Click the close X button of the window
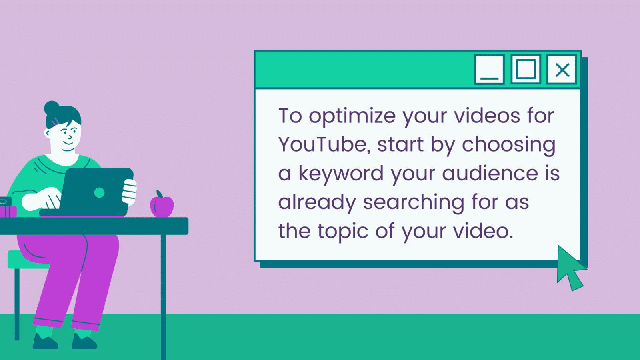click(x=562, y=70)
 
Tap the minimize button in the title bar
click(x=489, y=70)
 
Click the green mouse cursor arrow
click(x=570, y=268)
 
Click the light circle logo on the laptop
click(x=99, y=193)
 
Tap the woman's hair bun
click(x=52, y=108)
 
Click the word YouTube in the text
click(x=323, y=144)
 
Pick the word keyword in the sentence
click(x=341, y=174)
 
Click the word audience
click(x=490, y=173)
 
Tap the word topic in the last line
click(x=342, y=232)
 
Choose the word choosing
click(x=508, y=145)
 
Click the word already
click(x=317, y=202)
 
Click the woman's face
click(x=68, y=134)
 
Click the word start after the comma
click(x=400, y=144)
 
